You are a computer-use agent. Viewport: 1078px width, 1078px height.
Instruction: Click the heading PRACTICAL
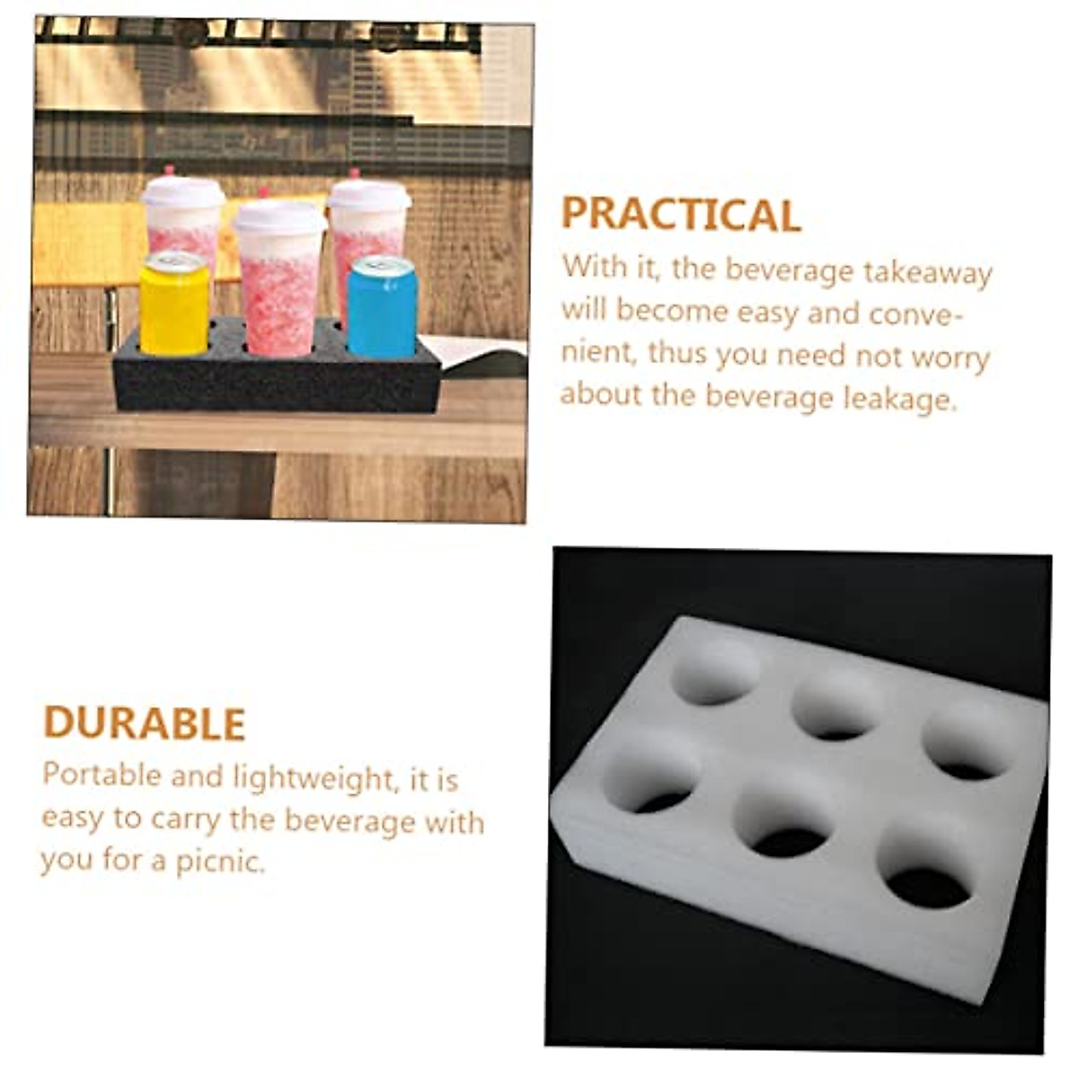point(681,216)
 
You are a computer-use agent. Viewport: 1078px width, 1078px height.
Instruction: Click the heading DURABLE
point(145,724)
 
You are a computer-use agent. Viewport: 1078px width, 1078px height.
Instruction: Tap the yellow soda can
point(173,305)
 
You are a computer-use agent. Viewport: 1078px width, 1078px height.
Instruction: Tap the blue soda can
point(382,307)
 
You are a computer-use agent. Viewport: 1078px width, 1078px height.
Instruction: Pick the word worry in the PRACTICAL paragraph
point(950,356)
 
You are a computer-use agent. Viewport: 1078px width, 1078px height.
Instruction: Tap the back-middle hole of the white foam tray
point(837,706)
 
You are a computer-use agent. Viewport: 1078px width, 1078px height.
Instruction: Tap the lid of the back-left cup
point(182,192)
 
